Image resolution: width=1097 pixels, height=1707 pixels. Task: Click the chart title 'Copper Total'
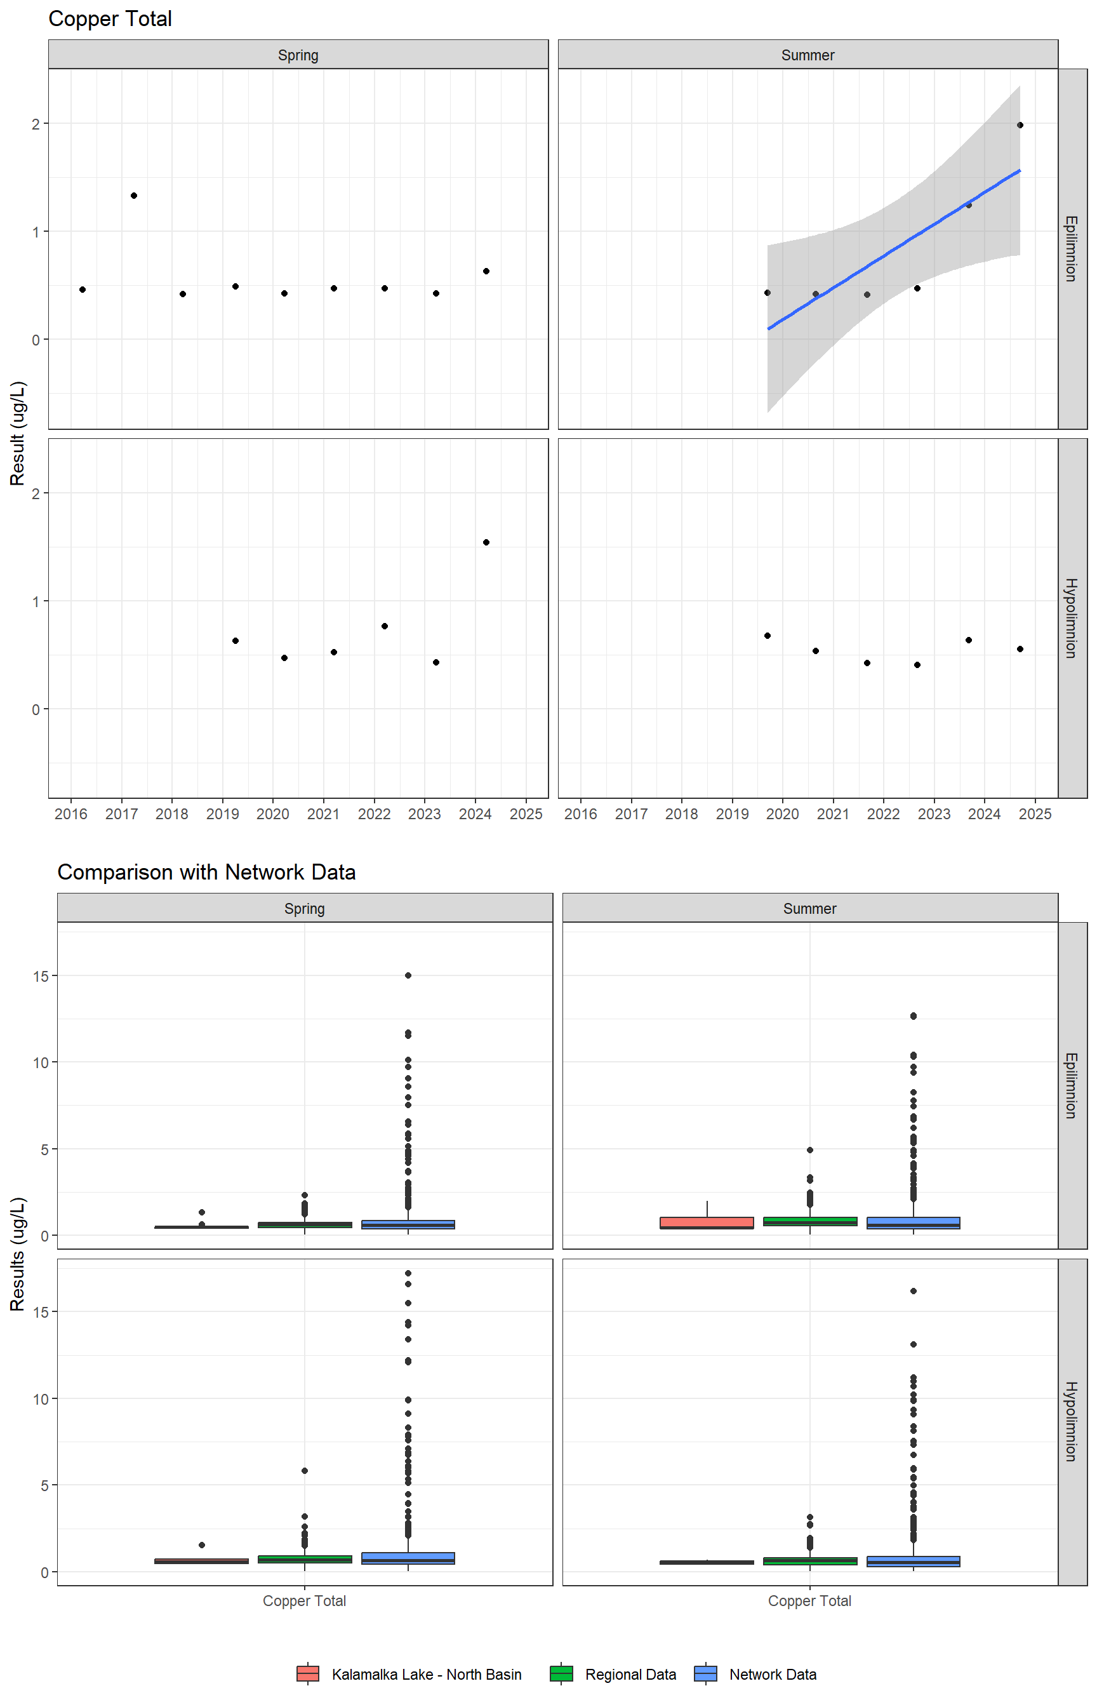click(x=110, y=18)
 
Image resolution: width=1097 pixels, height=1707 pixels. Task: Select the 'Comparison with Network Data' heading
click(x=206, y=872)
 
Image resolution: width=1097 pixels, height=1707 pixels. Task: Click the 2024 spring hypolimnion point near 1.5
click(x=486, y=542)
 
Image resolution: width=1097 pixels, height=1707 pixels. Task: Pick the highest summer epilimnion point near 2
click(x=1020, y=125)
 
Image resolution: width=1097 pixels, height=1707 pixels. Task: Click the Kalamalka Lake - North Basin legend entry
click(x=426, y=1674)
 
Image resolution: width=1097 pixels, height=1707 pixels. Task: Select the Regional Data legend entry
click(x=630, y=1674)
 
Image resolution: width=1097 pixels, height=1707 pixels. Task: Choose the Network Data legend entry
click(x=772, y=1674)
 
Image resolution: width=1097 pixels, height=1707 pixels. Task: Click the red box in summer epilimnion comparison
click(x=707, y=1222)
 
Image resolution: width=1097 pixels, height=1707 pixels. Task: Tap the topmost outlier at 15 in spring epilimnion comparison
click(x=408, y=975)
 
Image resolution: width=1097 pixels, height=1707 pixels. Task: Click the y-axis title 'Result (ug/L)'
click(x=18, y=433)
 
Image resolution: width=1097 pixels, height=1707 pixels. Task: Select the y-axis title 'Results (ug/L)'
click(x=18, y=1254)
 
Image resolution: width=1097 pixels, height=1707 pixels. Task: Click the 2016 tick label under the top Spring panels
click(x=71, y=813)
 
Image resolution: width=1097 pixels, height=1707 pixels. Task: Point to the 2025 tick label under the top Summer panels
click(x=1035, y=813)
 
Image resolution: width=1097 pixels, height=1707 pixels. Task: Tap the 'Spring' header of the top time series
click(x=298, y=55)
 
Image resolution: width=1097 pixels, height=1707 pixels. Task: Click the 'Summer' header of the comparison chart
click(x=810, y=908)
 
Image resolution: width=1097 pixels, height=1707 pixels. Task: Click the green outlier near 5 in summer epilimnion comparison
click(x=810, y=1150)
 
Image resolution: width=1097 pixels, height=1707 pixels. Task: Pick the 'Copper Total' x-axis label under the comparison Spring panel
click(x=304, y=1601)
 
